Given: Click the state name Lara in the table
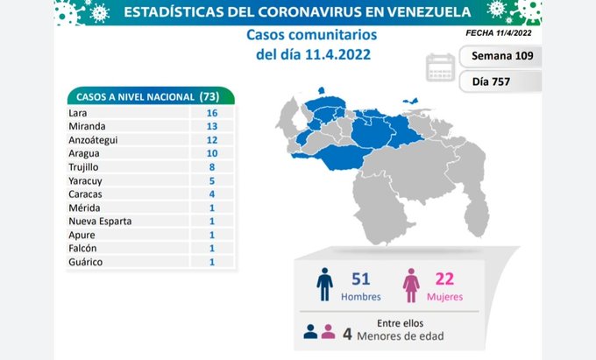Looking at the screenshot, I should pos(76,112).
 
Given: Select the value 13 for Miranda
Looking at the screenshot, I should pos(212,126).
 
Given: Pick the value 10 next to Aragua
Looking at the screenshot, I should pos(212,153).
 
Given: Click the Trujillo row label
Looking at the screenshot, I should pos(82,166).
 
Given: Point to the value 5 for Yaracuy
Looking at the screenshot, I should pos(212,180).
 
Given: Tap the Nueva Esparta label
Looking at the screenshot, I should pos(99,222).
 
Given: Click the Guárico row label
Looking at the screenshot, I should pos(84,262).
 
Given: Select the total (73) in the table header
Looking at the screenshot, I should pos(209,95).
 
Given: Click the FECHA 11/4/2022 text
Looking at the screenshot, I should pos(500,32).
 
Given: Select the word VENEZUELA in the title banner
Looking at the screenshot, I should pos(414,12).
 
